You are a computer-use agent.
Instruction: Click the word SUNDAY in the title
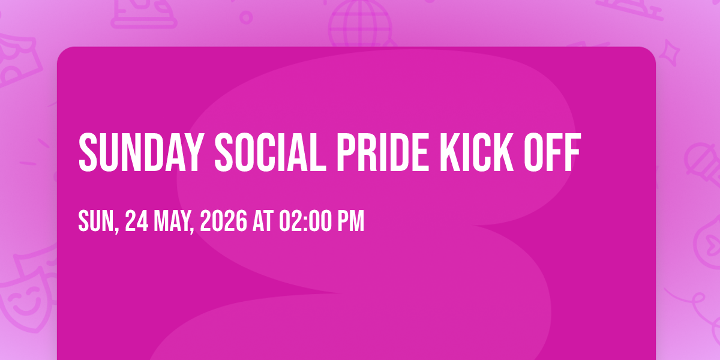coord(142,152)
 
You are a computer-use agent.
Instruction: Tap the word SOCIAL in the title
coord(271,152)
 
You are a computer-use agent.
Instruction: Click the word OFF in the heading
coord(552,152)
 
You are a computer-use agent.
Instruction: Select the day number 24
coord(137,221)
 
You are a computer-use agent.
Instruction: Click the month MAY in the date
coord(172,221)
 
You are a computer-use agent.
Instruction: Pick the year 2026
coord(223,221)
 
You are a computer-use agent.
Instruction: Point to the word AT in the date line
coord(263,221)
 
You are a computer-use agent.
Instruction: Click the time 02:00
coord(305,221)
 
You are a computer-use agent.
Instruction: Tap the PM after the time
coord(350,221)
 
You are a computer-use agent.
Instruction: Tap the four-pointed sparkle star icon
coord(670,53)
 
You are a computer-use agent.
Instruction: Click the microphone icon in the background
coord(703,164)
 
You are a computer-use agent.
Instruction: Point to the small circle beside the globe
coord(246,17)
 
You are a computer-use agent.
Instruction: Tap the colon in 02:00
coord(305,222)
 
